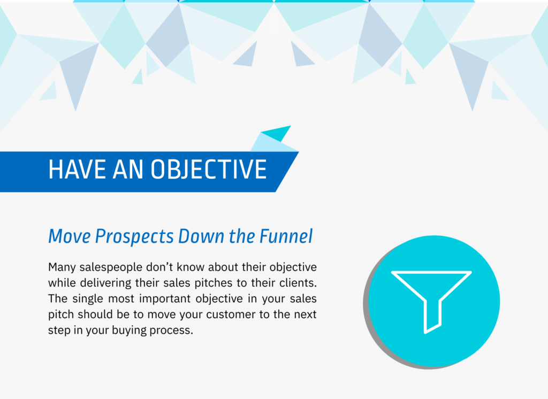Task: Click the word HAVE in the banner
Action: pos(77,170)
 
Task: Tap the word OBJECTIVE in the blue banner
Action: pos(209,170)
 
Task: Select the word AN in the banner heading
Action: pos(128,170)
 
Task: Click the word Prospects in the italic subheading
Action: pos(134,237)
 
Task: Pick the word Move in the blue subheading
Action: pos(70,236)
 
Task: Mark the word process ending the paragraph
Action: pos(171,331)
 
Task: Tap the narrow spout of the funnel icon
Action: pos(432,316)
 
